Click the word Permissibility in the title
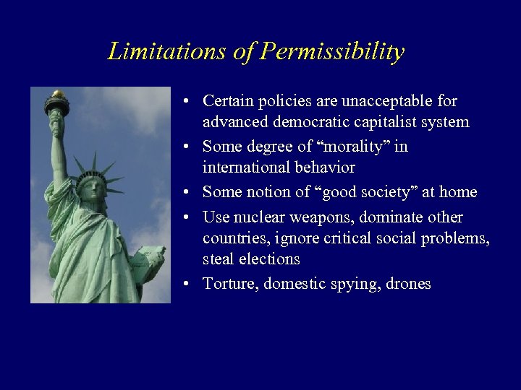[332, 52]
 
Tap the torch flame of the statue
[57, 94]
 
